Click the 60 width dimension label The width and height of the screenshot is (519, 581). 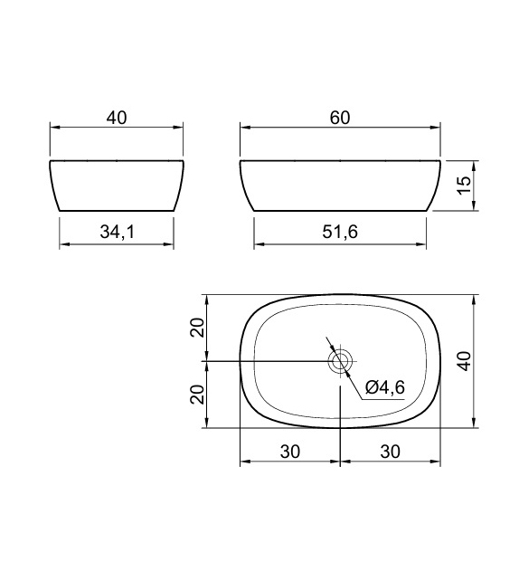(x=340, y=119)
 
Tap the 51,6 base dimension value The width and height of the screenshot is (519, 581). (x=340, y=233)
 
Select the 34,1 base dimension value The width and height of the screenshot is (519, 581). (x=117, y=233)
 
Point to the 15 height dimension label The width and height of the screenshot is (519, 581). (x=465, y=186)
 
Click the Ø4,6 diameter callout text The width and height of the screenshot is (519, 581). (x=385, y=387)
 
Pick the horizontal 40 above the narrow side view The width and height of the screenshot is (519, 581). (x=117, y=119)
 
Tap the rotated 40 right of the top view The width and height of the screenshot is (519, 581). (x=465, y=361)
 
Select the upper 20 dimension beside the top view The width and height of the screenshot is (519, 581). (x=197, y=328)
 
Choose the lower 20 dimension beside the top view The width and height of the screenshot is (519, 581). (x=197, y=394)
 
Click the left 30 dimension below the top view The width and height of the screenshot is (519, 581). (x=290, y=451)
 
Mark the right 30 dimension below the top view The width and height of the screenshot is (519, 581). (x=390, y=451)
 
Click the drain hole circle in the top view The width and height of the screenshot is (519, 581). (x=340, y=362)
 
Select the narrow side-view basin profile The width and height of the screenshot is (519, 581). (x=117, y=186)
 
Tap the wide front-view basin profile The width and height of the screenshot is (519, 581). (x=340, y=186)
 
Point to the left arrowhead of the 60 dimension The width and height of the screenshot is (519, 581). (x=245, y=129)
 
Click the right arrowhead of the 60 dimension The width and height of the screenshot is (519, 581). (x=435, y=129)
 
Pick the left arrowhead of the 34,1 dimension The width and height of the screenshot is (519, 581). (x=64, y=244)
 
